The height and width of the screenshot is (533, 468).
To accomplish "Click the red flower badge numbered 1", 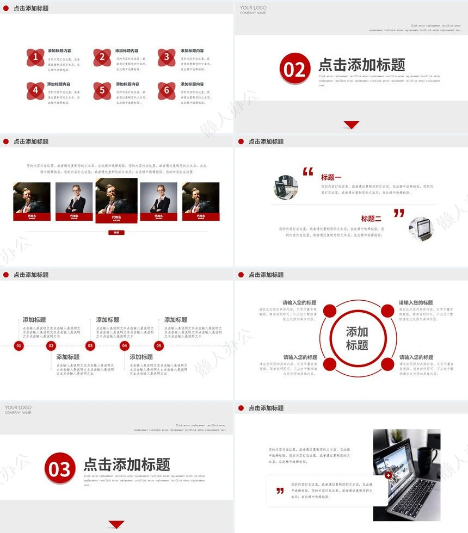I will [35, 57].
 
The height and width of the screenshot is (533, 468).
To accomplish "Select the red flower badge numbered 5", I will [102, 90].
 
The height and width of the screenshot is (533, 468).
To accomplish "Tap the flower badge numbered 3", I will [167, 57].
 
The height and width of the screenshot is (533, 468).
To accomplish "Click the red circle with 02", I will [295, 69].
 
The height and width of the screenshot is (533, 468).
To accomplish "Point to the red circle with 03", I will [60, 468].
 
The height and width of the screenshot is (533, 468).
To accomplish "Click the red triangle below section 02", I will [352, 125].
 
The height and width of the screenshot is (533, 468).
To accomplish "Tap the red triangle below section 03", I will [116, 524].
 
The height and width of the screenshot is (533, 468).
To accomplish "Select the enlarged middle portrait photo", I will [116, 197].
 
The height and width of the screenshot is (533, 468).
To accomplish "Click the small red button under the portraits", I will [116, 233].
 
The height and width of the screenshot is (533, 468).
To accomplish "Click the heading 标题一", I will [331, 177].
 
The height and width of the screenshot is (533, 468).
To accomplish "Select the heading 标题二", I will [371, 219].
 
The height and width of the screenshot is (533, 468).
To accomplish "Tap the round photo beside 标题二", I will [421, 228].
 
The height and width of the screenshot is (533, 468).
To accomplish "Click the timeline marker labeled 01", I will [19, 345].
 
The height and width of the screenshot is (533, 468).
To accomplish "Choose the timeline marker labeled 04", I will [125, 345].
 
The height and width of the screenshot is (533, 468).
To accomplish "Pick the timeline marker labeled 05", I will [159, 345].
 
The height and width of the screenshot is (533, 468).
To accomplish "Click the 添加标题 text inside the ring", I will [357, 338].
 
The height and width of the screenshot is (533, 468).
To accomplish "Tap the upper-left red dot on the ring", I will [330, 311].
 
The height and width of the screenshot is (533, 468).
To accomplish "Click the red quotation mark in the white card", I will [280, 491].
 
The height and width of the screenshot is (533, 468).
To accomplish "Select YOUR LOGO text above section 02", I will [253, 8].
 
